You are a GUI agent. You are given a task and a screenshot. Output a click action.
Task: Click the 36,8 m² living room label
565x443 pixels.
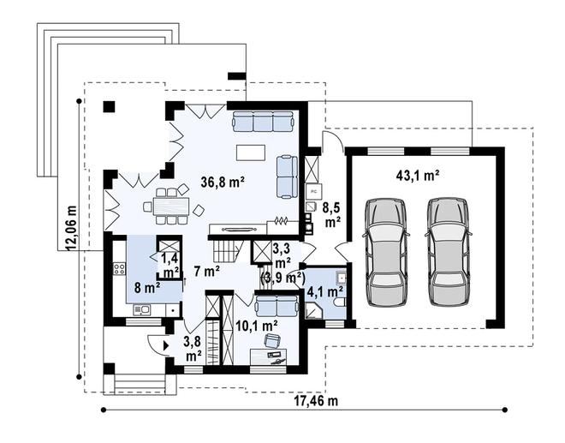(223, 183)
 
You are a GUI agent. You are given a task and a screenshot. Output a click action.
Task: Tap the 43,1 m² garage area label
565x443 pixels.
(418, 176)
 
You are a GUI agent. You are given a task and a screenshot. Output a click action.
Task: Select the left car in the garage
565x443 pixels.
(385, 252)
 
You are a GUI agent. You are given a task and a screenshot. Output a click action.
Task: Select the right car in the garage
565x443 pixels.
(448, 252)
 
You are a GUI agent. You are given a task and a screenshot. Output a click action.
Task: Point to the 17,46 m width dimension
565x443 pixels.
(317, 401)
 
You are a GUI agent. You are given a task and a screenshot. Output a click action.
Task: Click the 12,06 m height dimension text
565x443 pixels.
(71, 228)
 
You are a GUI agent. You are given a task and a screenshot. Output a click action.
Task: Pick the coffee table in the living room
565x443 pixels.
(251, 153)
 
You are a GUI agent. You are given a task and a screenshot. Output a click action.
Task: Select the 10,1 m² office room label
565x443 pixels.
(256, 326)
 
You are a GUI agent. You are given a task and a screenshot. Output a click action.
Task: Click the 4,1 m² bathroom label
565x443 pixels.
(324, 291)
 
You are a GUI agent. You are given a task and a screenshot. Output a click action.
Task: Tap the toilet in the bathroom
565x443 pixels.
(340, 303)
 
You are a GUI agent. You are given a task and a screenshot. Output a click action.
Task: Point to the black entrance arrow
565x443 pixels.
(166, 345)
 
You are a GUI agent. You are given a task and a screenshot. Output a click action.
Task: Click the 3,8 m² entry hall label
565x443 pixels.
(193, 349)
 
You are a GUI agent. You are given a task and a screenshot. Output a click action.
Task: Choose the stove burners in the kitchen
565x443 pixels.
(119, 268)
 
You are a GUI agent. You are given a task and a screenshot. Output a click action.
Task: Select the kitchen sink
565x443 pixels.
(141, 309)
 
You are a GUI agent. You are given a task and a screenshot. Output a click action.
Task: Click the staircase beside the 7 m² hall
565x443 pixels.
(225, 251)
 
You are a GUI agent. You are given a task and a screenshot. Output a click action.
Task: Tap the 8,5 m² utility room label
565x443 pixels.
(333, 215)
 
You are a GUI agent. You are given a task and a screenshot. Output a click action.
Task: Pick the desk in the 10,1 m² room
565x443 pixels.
(269, 357)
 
